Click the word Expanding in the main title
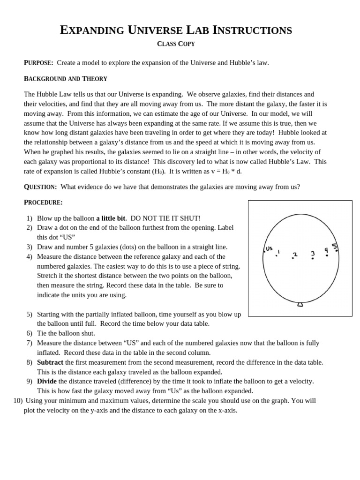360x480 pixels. click(89, 31)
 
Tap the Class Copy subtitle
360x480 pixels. click(176, 44)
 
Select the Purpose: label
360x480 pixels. click(38, 63)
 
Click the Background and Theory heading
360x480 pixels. click(66, 79)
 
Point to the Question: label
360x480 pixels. click(40, 187)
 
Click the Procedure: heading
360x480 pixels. click(43, 202)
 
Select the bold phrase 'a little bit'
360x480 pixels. click(111, 218)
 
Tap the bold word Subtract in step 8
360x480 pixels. click(50, 362)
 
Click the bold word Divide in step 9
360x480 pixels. click(47, 381)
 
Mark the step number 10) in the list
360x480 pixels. click(18, 401)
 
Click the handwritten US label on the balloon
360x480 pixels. click(269, 248)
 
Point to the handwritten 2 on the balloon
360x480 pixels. click(295, 255)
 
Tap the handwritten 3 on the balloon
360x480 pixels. click(313, 254)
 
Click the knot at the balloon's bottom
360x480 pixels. click(300, 305)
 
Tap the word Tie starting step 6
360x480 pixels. click(42, 333)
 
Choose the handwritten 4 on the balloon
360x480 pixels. click(326, 250)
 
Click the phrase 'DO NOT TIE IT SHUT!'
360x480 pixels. click(165, 218)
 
